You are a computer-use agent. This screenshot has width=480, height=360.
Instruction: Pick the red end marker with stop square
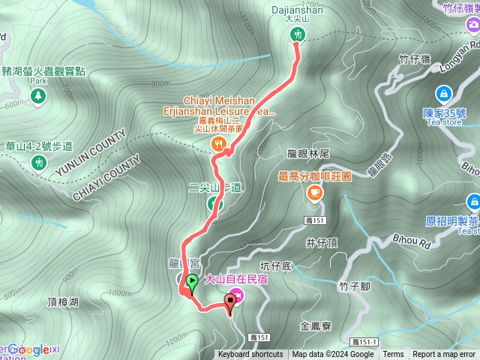click(x=229, y=301)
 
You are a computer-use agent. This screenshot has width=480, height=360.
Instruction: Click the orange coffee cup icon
click(x=313, y=193)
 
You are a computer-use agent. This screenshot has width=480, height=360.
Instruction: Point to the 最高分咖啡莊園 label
click(x=314, y=177)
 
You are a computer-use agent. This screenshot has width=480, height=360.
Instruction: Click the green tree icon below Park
click(x=38, y=96)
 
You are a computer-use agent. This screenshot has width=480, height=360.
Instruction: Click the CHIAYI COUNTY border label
click(x=107, y=179)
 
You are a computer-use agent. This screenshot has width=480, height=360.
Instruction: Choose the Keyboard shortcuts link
click(x=250, y=355)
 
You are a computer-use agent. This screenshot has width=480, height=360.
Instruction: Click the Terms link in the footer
click(x=393, y=355)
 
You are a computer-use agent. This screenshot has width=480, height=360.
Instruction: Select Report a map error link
click(x=445, y=355)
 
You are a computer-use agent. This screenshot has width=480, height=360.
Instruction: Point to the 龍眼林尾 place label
click(x=308, y=153)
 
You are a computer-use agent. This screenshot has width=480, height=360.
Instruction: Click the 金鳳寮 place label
click(x=316, y=326)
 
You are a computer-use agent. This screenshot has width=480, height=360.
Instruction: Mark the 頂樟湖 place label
click(x=62, y=302)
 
